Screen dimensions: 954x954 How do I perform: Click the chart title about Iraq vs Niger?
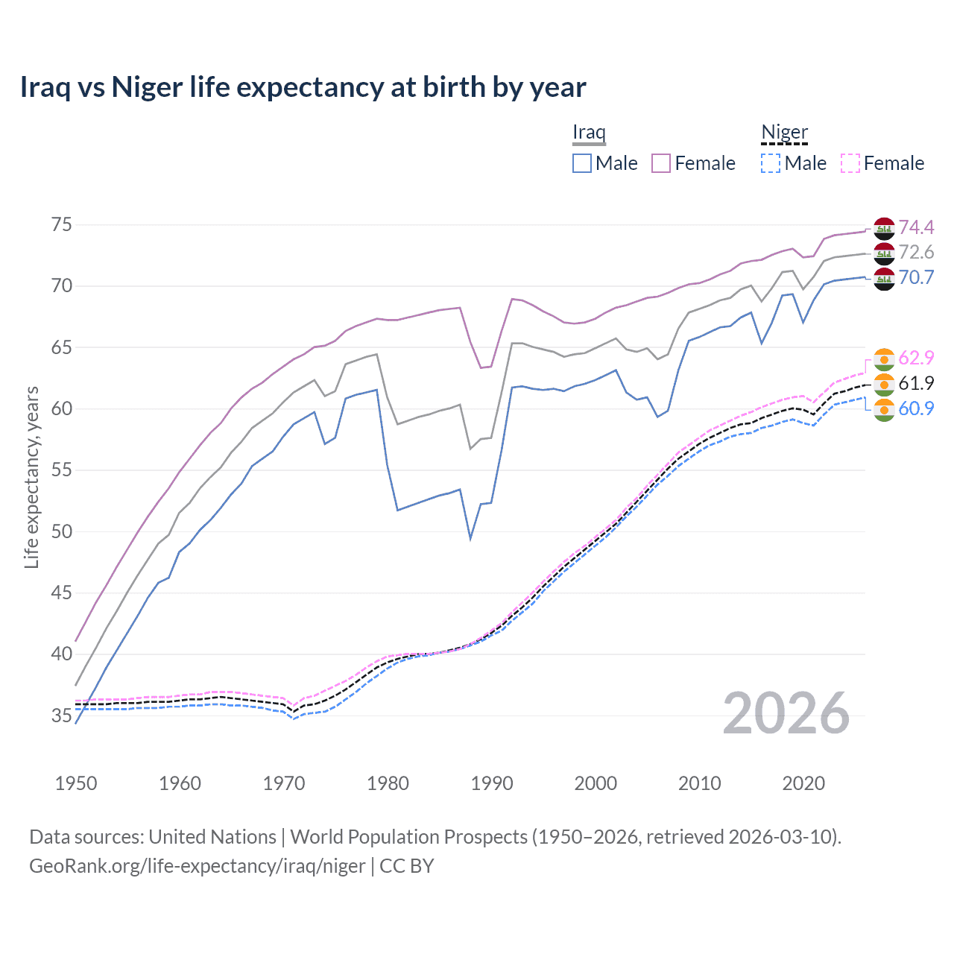coord(303,87)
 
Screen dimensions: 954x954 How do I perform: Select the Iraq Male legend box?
coord(582,163)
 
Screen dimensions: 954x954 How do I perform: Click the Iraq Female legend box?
coord(661,163)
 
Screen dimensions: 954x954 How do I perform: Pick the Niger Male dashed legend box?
coord(771,163)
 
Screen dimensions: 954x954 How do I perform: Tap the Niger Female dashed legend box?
coord(850,163)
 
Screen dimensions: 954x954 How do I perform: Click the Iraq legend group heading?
coord(589,133)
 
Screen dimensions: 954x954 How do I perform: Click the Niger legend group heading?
coord(784,133)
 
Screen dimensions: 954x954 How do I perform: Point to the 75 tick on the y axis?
coord(62,225)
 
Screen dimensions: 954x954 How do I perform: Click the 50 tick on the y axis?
coord(62,531)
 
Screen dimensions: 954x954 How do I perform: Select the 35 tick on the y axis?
coord(62,715)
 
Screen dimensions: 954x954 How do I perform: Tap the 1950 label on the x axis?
coord(76,783)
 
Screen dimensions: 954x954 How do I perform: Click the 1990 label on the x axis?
coord(492,783)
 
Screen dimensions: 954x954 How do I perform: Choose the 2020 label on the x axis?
coord(803,783)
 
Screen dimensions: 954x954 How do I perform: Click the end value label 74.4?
coord(916,227)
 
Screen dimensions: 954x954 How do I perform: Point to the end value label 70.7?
coord(916,278)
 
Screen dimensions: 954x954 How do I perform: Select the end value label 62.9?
coord(916,358)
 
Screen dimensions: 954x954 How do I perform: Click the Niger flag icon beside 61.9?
coord(884,384)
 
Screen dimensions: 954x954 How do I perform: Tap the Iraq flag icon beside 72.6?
coord(884,253)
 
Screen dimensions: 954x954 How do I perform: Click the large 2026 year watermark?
coord(786,714)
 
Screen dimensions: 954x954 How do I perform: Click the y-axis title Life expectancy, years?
coord(31,477)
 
